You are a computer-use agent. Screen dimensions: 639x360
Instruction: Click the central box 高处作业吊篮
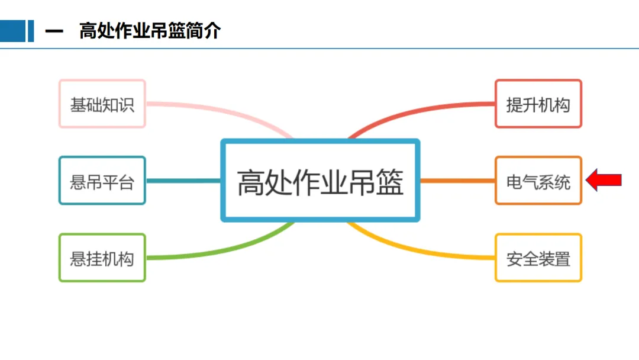point(320,181)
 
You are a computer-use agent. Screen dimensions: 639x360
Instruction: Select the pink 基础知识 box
point(102,104)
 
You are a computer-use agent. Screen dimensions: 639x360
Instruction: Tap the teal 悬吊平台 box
point(102,181)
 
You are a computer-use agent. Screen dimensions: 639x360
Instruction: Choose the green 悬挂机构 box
point(102,258)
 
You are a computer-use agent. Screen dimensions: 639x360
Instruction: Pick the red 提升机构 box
point(538,104)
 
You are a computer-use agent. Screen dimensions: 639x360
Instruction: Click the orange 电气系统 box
point(538,181)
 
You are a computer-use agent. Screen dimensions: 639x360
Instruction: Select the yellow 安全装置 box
point(538,258)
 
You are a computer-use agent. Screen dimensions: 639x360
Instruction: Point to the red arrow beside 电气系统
point(604,179)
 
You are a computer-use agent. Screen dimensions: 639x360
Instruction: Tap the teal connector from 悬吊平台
point(183,181)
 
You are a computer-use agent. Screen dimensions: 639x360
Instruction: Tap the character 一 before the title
point(54,31)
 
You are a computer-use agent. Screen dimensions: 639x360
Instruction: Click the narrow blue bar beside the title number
point(31,31)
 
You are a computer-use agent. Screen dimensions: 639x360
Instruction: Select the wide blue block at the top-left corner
point(12,31)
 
